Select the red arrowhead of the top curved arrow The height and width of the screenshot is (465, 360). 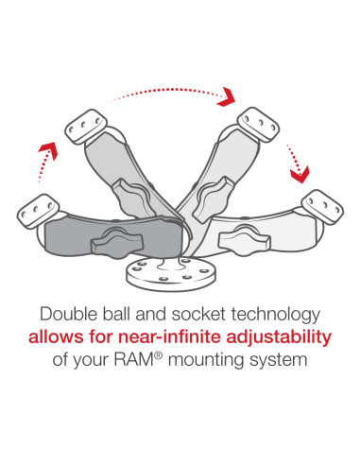(226, 96)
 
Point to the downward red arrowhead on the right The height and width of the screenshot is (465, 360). (300, 173)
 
